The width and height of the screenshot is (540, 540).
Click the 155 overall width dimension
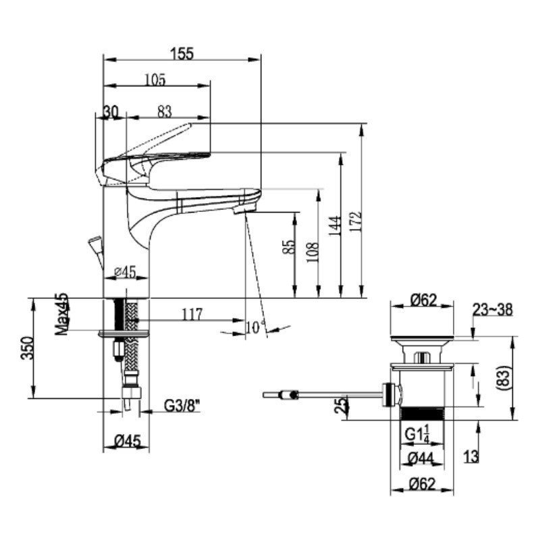[182, 54]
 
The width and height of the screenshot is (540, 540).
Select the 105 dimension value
[155, 80]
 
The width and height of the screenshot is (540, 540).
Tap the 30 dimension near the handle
[111, 111]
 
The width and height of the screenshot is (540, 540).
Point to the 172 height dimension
[356, 221]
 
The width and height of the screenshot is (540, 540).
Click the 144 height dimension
[335, 226]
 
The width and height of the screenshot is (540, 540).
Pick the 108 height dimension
[313, 252]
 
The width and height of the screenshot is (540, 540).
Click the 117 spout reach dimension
[192, 314]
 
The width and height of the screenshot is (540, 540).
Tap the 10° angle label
[255, 327]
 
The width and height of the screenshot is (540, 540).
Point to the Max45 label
[62, 314]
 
